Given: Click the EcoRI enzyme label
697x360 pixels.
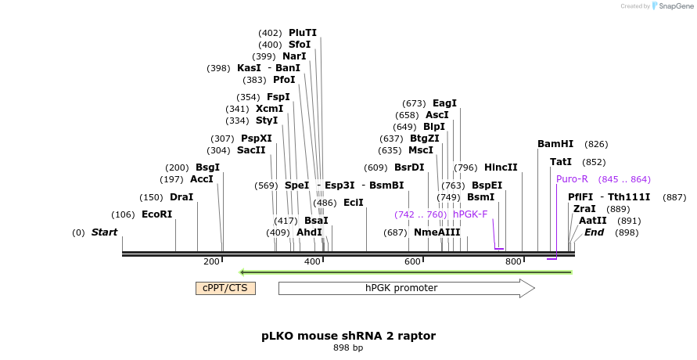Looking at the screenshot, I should pyautogui.click(x=156, y=214).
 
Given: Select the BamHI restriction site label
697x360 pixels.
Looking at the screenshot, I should pyautogui.click(x=555, y=144).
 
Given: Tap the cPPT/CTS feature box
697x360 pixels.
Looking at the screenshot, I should pyautogui.click(x=225, y=288).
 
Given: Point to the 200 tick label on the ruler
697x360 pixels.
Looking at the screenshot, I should pyautogui.click(x=211, y=261).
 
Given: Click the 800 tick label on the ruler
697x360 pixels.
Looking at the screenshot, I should pyautogui.click(x=513, y=261).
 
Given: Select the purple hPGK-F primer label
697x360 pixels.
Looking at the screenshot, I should pyautogui.click(x=469, y=214).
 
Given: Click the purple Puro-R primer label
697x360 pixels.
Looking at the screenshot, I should pyautogui.click(x=572, y=179).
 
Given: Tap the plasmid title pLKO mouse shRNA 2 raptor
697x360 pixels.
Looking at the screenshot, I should pyautogui.click(x=348, y=336).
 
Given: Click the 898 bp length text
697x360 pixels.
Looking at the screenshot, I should pyautogui.click(x=348, y=347).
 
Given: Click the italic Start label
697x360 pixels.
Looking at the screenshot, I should pyautogui.click(x=104, y=232).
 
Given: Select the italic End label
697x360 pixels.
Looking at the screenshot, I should pyautogui.click(x=594, y=232).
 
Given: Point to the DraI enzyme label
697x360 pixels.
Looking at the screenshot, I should pyautogui.click(x=181, y=197).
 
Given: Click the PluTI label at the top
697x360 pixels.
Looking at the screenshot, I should pyautogui.click(x=303, y=33).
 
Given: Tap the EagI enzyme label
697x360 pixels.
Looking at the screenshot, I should pyautogui.click(x=444, y=103).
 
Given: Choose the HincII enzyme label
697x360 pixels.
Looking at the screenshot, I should pyautogui.click(x=501, y=167).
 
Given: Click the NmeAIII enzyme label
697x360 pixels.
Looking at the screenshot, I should pyautogui.click(x=437, y=232).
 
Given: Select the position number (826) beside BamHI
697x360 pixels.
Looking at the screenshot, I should pyautogui.click(x=596, y=144).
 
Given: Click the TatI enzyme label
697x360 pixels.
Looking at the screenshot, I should pyautogui.click(x=561, y=162).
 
